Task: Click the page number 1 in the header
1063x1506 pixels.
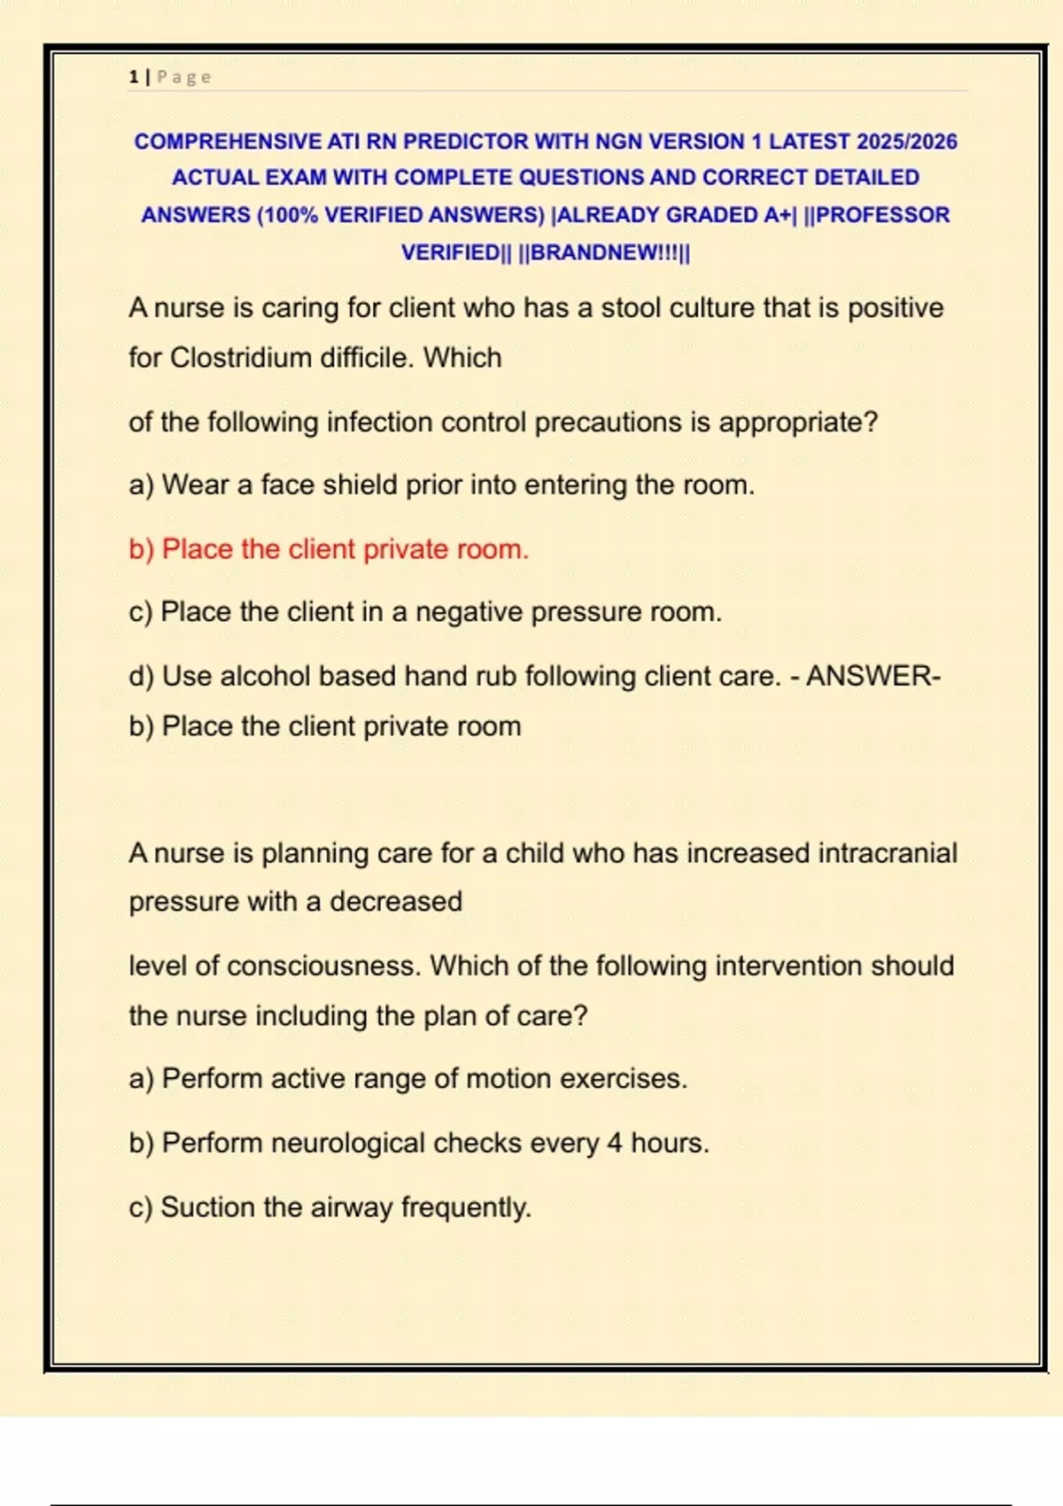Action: click(x=133, y=77)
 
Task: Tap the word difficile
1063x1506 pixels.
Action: click(x=367, y=358)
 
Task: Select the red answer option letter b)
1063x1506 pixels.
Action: click(x=142, y=549)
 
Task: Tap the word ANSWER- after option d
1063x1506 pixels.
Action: click(x=873, y=677)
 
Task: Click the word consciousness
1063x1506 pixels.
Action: click(x=323, y=966)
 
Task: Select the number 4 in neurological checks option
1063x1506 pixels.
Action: click(x=615, y=1144)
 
